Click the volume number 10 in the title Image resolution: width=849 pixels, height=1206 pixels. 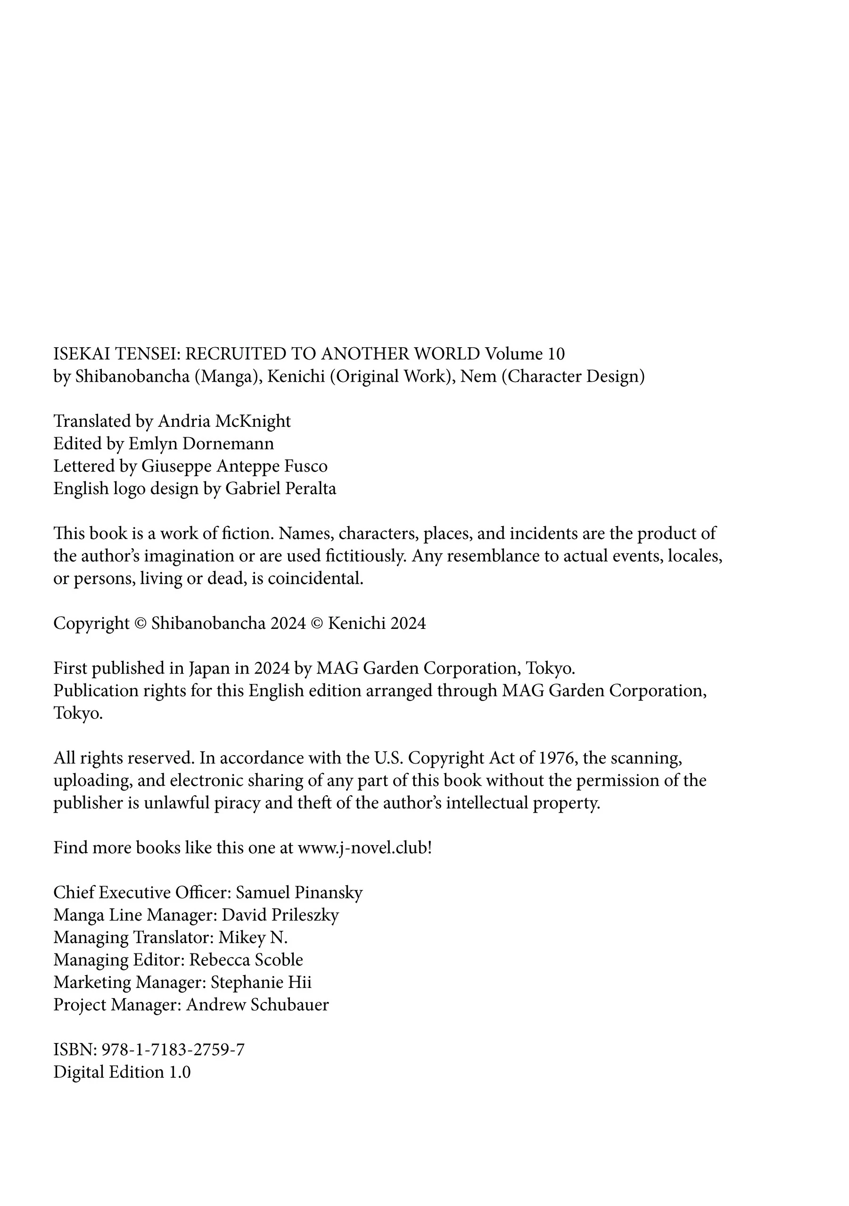click(x=556, y=354)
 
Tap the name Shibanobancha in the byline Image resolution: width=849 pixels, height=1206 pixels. click(x=132, y=376)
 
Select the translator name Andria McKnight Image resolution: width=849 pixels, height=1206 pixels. click(x=224, y=421)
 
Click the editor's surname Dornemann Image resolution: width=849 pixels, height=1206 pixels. click(x=228, y=444)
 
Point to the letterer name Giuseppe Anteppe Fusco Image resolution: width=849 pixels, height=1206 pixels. click(x=234, y=466)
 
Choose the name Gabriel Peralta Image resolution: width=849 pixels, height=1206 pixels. click(x=281, y=489)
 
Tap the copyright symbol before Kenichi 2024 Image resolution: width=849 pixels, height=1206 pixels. click(x=317, y=623)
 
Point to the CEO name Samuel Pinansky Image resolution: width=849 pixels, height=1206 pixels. click(x=298, y=893)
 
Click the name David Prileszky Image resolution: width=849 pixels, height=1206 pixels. click(x=280, y=915)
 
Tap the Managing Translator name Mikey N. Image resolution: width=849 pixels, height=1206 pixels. click(x=253, y=937)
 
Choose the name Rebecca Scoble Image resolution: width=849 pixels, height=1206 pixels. click(x=246, y=960)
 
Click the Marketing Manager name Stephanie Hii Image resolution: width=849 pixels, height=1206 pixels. click(x=261, y=983)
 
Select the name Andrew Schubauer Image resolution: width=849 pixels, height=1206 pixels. click(x=257, y=1005)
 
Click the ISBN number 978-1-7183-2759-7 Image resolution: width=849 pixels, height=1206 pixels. click(x=173, y=1050)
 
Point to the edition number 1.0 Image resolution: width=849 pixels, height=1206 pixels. click(x=179, y=1073)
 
